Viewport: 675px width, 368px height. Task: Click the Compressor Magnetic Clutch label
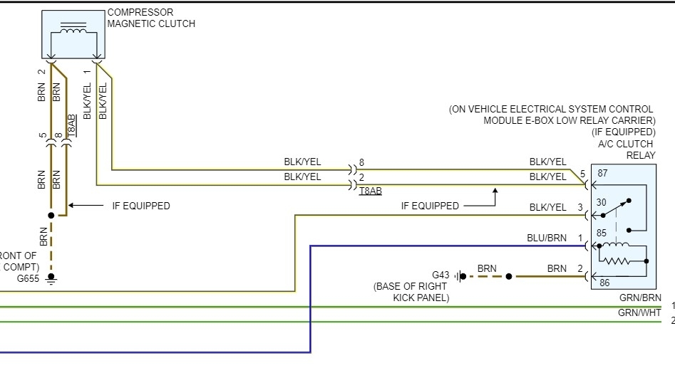point(150,18)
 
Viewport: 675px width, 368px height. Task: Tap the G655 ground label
point(27,278)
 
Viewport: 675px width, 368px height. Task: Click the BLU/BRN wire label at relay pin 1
point(547,238)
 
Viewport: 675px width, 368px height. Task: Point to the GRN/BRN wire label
point(639,298)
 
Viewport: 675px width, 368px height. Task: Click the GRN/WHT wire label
point(639,313)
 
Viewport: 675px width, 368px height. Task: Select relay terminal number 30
point(602,202)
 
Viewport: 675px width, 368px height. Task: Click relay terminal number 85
point(602,232)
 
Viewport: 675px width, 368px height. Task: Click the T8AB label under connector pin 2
point(370,191)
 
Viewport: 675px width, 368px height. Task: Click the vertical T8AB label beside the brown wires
point(71,125)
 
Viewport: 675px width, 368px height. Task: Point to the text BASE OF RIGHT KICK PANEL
point(411,292)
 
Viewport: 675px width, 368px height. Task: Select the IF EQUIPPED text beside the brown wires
point(141,206)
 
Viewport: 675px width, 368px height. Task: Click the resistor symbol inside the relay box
point(618,253)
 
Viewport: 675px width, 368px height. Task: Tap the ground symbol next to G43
point(460,275)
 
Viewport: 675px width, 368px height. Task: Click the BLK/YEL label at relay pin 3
point(547,206)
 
